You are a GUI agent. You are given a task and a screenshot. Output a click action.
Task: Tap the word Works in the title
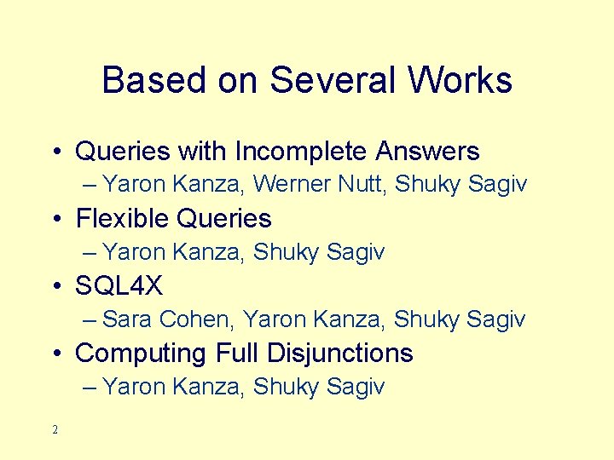(460, 81)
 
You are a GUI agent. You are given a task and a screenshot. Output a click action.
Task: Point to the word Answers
(428, 152)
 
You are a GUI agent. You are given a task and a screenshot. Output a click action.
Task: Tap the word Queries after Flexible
(223, 219)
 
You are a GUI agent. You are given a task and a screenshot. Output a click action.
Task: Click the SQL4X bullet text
(119, 286)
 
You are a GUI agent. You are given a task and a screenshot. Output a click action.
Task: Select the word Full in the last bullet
(239, 353)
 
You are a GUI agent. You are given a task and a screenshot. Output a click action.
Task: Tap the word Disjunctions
(341, 353)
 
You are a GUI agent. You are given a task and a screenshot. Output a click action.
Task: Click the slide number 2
(55, 430)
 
